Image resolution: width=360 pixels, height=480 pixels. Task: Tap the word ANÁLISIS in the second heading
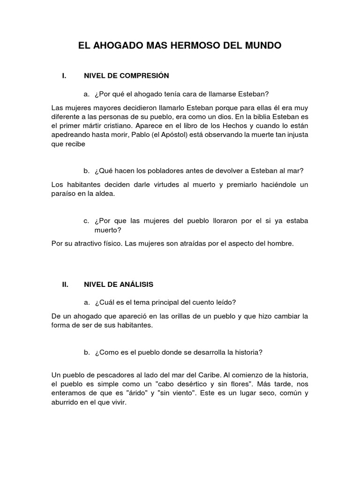134,284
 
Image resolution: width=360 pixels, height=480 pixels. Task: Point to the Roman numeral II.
66,284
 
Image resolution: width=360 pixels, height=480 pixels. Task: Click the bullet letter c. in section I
86,221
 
